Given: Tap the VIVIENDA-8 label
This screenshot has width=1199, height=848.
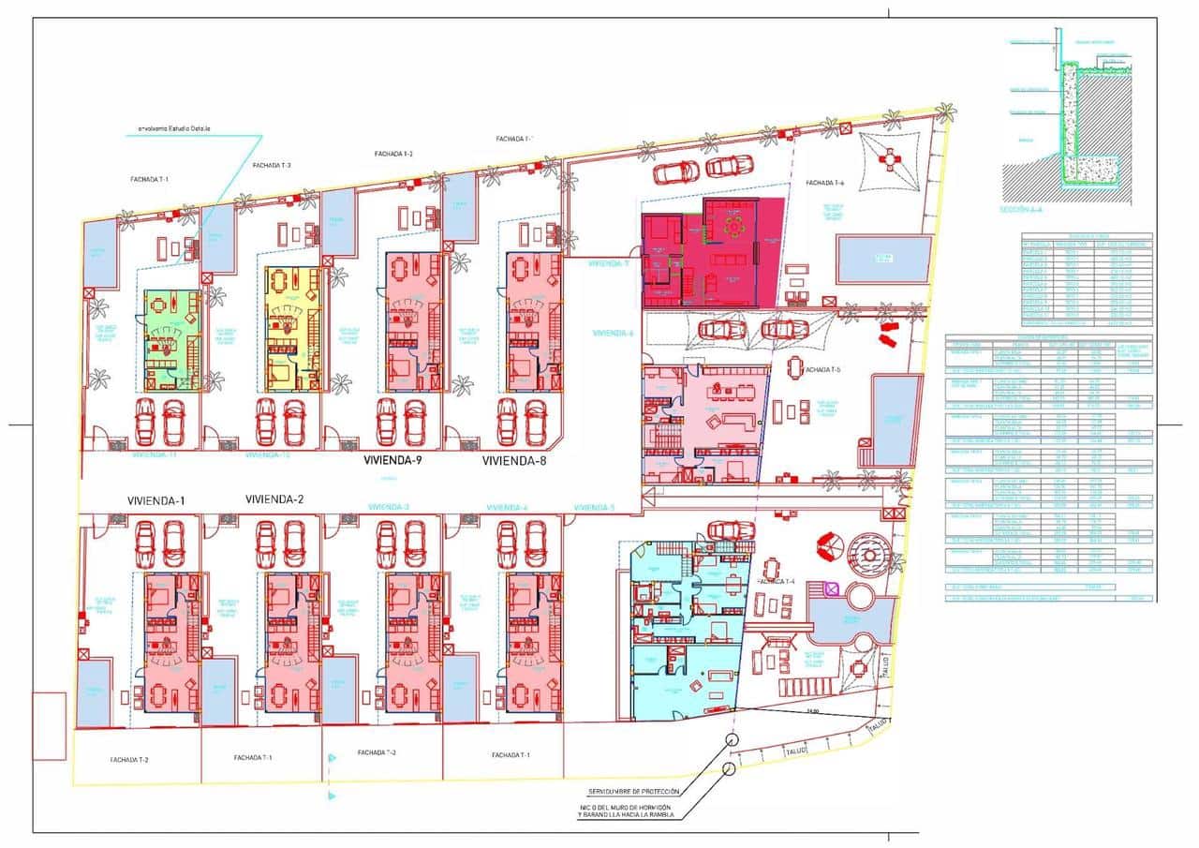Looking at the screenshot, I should point(513,461).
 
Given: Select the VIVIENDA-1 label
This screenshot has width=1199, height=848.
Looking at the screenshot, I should point(156,500).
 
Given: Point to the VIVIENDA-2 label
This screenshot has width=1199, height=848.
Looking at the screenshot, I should point(274,498).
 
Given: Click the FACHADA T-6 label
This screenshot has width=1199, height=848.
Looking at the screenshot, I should point(826,183).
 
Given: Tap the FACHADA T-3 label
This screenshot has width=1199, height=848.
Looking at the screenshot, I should point(272,165).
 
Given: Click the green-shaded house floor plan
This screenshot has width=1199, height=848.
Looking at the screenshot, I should point(173,339).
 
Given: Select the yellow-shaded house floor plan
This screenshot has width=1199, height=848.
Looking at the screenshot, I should point(293,328).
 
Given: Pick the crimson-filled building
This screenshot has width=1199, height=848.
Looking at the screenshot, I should point(712,253).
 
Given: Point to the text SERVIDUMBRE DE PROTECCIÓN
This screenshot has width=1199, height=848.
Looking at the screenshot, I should point(634,792).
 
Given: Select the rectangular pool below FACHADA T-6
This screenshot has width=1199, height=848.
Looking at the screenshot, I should point(884,259).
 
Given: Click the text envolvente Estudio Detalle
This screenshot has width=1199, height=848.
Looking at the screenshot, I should point(174,128).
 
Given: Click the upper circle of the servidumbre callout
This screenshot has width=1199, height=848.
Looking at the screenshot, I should point(731,739).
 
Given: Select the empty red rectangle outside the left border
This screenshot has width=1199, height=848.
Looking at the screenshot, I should point(49,726).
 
